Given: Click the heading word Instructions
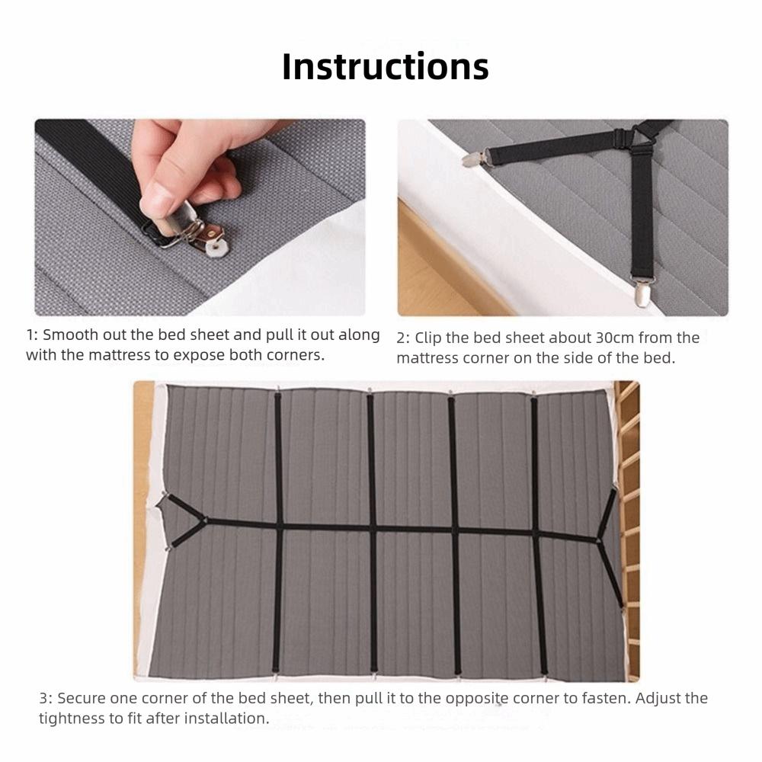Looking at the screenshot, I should click(x=385, y=66).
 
